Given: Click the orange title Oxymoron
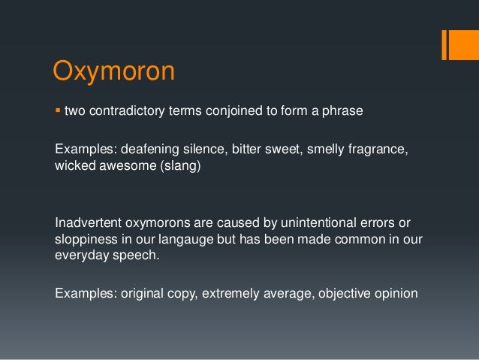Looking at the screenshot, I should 113,73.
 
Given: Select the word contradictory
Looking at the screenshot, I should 127,111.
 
